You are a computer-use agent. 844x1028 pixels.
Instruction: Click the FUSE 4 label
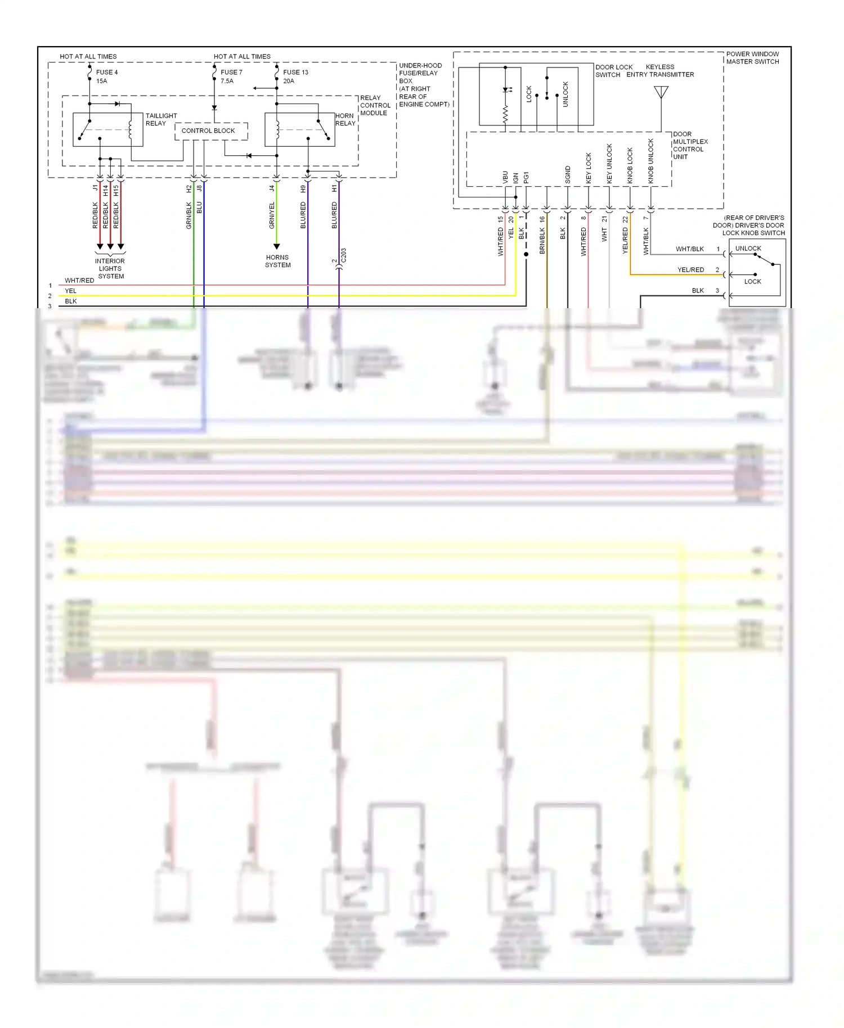(106, 73)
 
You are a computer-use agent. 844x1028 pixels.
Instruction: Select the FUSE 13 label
(295, 73)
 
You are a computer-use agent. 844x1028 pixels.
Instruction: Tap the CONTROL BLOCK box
(208, 130)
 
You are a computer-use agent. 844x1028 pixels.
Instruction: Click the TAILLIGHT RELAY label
(161, 120)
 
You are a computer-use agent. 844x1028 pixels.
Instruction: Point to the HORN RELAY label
(345, 120)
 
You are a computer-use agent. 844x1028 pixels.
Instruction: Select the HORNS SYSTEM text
(277, 261)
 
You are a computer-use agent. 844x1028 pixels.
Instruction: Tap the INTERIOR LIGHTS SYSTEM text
(110, 269)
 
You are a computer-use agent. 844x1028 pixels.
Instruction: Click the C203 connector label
(344, 255)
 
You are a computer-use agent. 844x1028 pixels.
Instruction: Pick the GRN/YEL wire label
(272, 215)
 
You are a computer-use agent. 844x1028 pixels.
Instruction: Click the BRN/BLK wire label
(542, 241)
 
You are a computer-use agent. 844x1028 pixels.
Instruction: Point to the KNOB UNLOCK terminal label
(651, 161)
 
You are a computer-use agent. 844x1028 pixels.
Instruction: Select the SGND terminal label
(568, 175)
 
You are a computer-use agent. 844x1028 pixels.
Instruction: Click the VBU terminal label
(505, 178)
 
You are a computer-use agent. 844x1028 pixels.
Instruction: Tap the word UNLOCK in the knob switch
(748, 249)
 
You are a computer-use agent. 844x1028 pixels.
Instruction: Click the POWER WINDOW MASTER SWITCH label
(752, 58)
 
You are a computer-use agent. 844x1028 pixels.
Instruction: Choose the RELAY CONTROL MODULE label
(375, 106)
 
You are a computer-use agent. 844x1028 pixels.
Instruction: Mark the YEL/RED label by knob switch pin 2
(690, 270)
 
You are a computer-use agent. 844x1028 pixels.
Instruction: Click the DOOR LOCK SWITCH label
(613, 71)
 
